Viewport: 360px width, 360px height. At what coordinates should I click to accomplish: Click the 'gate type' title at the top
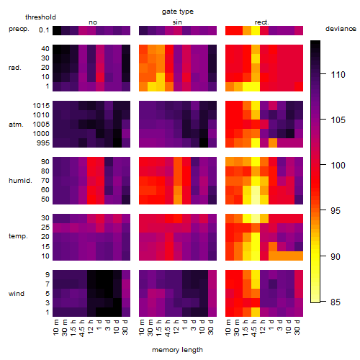tap(178, 12)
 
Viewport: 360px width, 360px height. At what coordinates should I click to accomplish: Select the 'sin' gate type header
tap(177, 22)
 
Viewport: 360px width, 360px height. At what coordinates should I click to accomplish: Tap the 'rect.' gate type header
tap(262, 22)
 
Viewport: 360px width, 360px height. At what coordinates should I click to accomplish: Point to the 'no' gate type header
tap(93, 22)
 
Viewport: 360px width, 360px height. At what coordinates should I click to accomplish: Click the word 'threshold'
tap(40, 17)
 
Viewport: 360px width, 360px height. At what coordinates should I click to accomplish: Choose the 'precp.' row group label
tap(19, 29)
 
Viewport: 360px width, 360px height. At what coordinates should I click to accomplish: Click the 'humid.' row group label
tap(20, 180)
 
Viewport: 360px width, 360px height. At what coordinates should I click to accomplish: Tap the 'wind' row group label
tap(17, 293)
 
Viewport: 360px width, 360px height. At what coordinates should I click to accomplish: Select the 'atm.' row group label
tap(16, 125)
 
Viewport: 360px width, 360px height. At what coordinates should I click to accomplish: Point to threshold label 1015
tap(41, 105)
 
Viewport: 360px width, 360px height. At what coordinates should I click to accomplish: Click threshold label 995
tap(43, 143)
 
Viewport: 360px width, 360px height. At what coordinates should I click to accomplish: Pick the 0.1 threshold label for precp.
tap(44, 30)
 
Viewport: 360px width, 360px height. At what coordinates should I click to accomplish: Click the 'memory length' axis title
tap(178, 350)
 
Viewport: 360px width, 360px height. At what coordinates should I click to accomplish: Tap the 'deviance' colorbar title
tap(341, 29)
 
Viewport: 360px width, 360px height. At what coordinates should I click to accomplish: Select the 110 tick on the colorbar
tap(338, 74)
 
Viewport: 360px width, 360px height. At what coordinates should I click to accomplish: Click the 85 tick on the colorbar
tap(336, 302)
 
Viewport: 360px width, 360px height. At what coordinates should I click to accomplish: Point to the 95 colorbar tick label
tap(336, 210)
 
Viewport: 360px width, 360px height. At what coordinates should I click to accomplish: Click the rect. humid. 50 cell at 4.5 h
tap(256, 199)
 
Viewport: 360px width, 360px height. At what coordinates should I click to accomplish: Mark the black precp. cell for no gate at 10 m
tap(57, 30)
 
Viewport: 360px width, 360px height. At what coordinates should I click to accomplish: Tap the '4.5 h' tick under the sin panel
tap(168, 328)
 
